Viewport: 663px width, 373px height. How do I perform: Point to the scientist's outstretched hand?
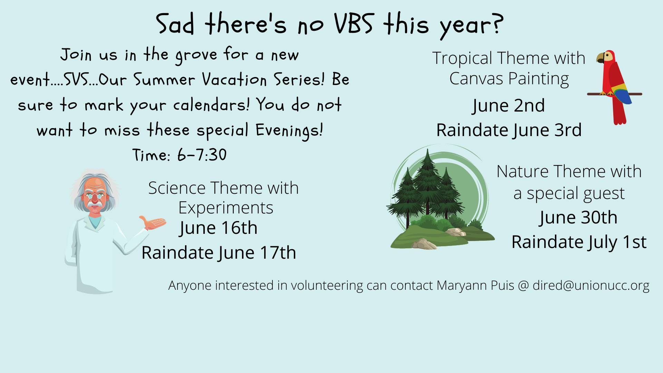click(153, 222)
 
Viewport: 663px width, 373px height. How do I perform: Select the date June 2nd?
click(508, 106)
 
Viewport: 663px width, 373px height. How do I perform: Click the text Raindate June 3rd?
click(509, 130)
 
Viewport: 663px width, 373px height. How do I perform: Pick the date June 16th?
click(218, 228)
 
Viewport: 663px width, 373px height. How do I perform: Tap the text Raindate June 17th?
click(219, 253)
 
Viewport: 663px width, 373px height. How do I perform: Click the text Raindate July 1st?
click(579, 242)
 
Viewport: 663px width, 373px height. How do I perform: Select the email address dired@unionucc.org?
click(591, 286)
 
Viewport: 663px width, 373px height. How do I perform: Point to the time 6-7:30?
click(202, 155)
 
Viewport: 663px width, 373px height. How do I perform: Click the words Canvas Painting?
click(509, 79)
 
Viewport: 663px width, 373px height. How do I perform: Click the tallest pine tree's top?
click(428, 150)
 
